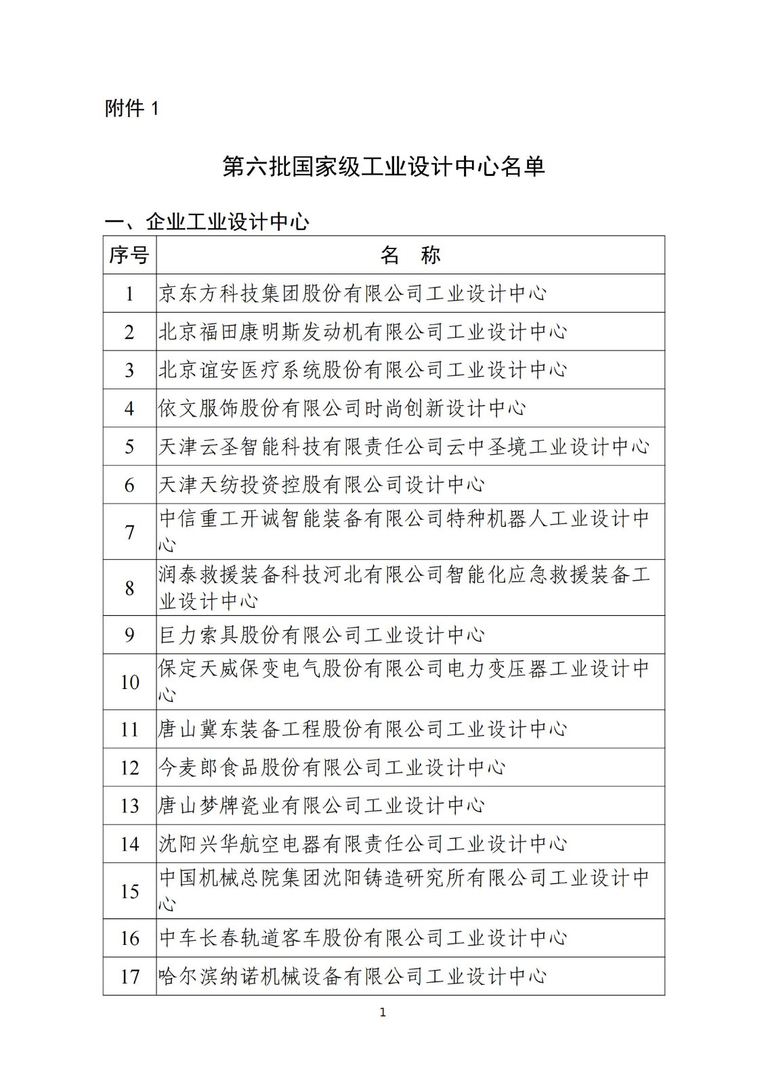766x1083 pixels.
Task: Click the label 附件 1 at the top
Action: pyautogui.click(x=131, y=108)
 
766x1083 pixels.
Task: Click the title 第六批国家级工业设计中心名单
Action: pyautogui.click(x=383, y=167)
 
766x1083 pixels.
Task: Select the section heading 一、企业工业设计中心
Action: pyautogui.click(x=207, y=221)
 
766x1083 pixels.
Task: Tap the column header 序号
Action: pyautogui.click(x=129, y=255)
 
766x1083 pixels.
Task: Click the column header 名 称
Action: pyautogui.click(x=410, y=255)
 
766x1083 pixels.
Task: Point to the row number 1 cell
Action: pyautogui.click(x=129, y=294)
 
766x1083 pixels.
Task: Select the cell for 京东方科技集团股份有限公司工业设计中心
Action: pyautogui.click(x=352, y=294)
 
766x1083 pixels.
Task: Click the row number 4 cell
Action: pyautogui.click(x=129, y=408)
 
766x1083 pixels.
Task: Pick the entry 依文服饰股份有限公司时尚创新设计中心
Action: pyautogui.click(x=342, y=408)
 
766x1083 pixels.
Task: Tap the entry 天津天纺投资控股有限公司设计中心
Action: pyautogui.click(x=322, y=485)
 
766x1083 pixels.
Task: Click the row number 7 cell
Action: pyautogui.click(x=129, y=532)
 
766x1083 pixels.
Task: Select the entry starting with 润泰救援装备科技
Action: pyautogui.click(x=404, y=588)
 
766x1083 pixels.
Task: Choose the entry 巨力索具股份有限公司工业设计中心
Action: pyautogui.click(x=322, y=635)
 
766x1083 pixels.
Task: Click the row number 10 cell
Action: pyautogui.click(x=129, y=682)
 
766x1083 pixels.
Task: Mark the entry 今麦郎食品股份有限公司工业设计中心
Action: pyautogui.click(x=332, y=768)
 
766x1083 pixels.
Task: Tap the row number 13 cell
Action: pyautogui.click(x=129, y=806)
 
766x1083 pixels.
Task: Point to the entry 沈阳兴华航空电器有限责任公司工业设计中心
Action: pyautogui.click(x=362, y=844)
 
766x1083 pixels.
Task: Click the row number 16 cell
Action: pyautogui.click(x=129, y=938)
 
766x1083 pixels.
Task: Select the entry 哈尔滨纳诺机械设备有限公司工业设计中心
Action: pyautogui.click(x=352, y=977)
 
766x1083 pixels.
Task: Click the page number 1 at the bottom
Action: pyautogui.click(x=383, y=1013)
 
